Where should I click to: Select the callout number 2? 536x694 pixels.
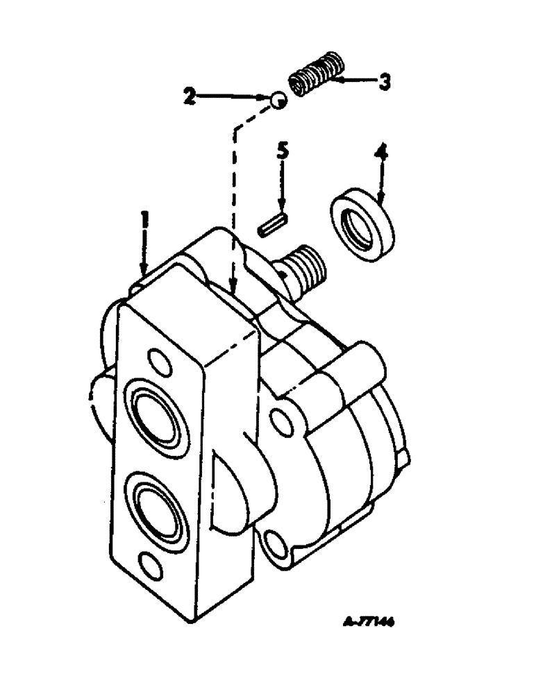click(189, 96)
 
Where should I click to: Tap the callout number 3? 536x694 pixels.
click(384, 83)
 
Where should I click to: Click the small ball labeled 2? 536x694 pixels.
click(278, 101)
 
